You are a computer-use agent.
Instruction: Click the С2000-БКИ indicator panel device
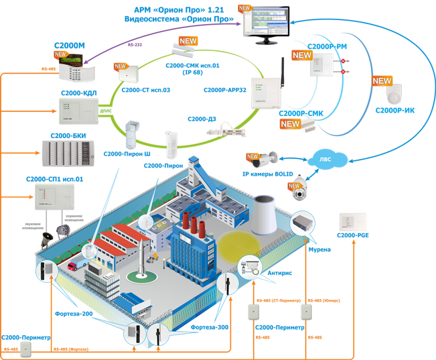click(x=69, y=154)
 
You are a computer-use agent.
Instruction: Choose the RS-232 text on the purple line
click(x=135, y=45)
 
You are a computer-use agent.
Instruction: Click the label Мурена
click(x=319, y=249)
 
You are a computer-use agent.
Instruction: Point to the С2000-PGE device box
click(x=353, y=221)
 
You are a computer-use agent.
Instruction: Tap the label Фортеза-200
click(x=73, y=313)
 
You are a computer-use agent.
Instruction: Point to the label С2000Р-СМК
click(x=301, y=114)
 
